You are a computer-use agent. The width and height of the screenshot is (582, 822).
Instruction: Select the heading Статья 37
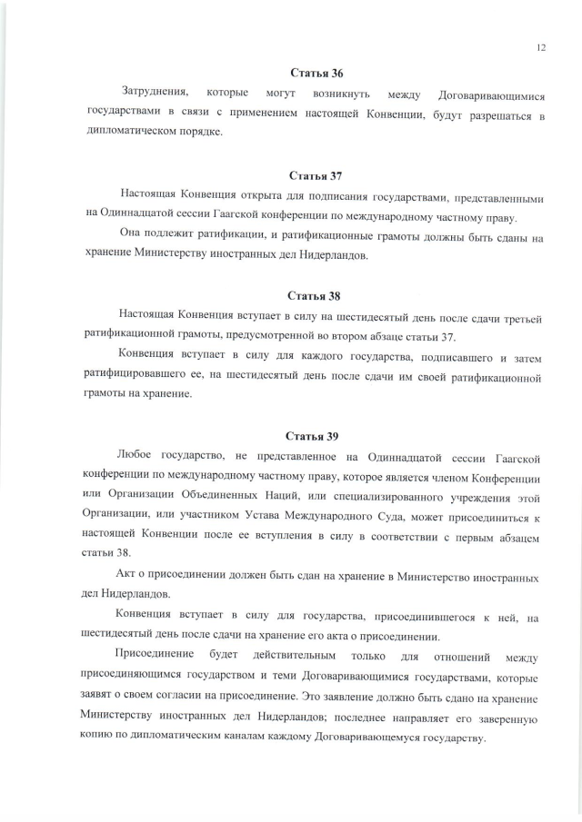click(315, 175)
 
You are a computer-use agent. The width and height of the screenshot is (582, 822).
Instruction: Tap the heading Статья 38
click(314, 296)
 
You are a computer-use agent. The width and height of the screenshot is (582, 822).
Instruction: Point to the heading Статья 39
click(312, 436)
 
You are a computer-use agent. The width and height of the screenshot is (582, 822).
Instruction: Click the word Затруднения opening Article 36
click(156, 93)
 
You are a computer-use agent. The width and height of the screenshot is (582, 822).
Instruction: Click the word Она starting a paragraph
click(133, 238)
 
